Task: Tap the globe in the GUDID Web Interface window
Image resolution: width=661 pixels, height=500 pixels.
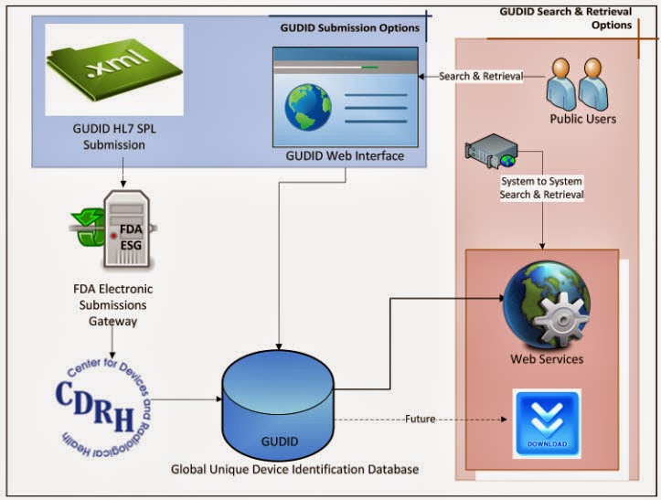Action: pos(307,108)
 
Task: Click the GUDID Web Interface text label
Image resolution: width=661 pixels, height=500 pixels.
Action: pos(344,156)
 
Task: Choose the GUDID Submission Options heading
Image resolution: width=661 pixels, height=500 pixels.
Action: pos(349,27)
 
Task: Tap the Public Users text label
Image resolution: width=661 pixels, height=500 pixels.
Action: pos(582,119)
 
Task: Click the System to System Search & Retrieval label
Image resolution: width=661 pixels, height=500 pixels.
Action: pos(541,187)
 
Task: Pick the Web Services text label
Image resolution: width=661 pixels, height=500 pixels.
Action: pos(547,359)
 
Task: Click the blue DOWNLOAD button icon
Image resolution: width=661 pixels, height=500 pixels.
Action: pos(546,423)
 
